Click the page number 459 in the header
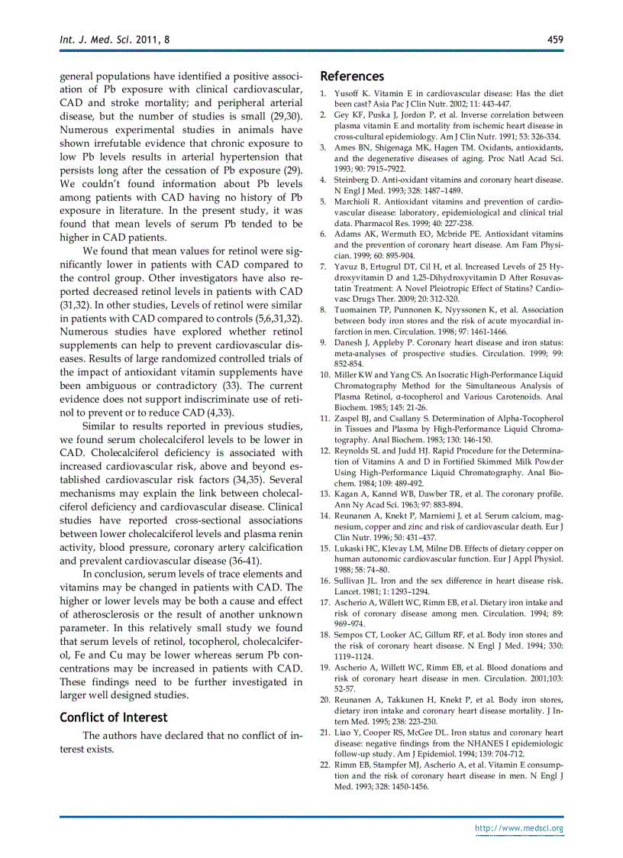[x=555, y=38]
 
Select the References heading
[x=352, y=76]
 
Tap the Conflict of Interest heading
[x=113, y=717]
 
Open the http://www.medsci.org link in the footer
[x=518, y=828]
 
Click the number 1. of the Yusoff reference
[x=324, y=93]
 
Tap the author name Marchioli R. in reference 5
[x=359, y=202]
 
